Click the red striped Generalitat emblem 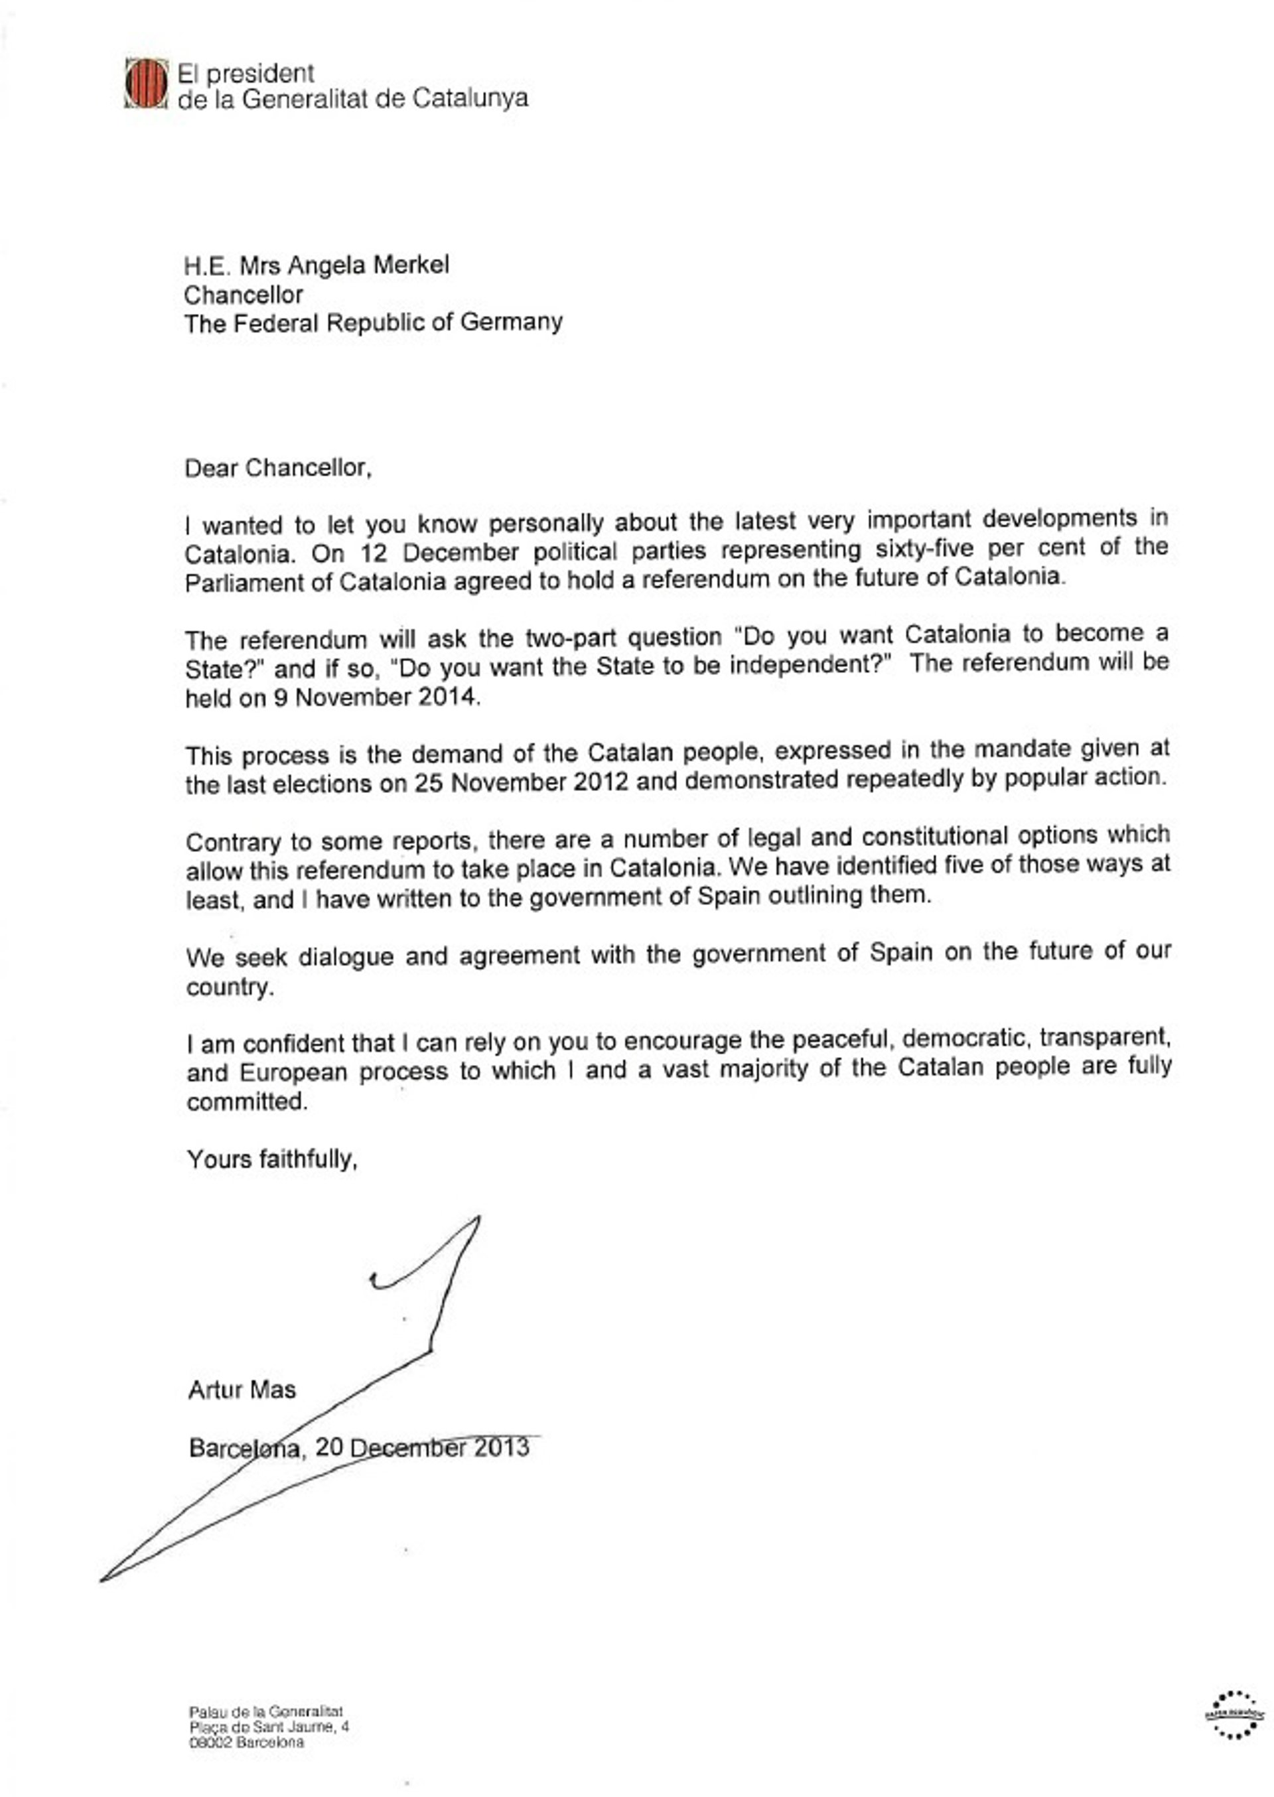[146, 83]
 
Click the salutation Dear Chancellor [277, 468]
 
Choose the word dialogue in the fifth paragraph [345, 958]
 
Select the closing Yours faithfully [271, 1159]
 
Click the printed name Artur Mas [242, 1391]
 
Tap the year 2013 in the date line [500, 1447]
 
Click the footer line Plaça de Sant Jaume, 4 [269, 1727]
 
